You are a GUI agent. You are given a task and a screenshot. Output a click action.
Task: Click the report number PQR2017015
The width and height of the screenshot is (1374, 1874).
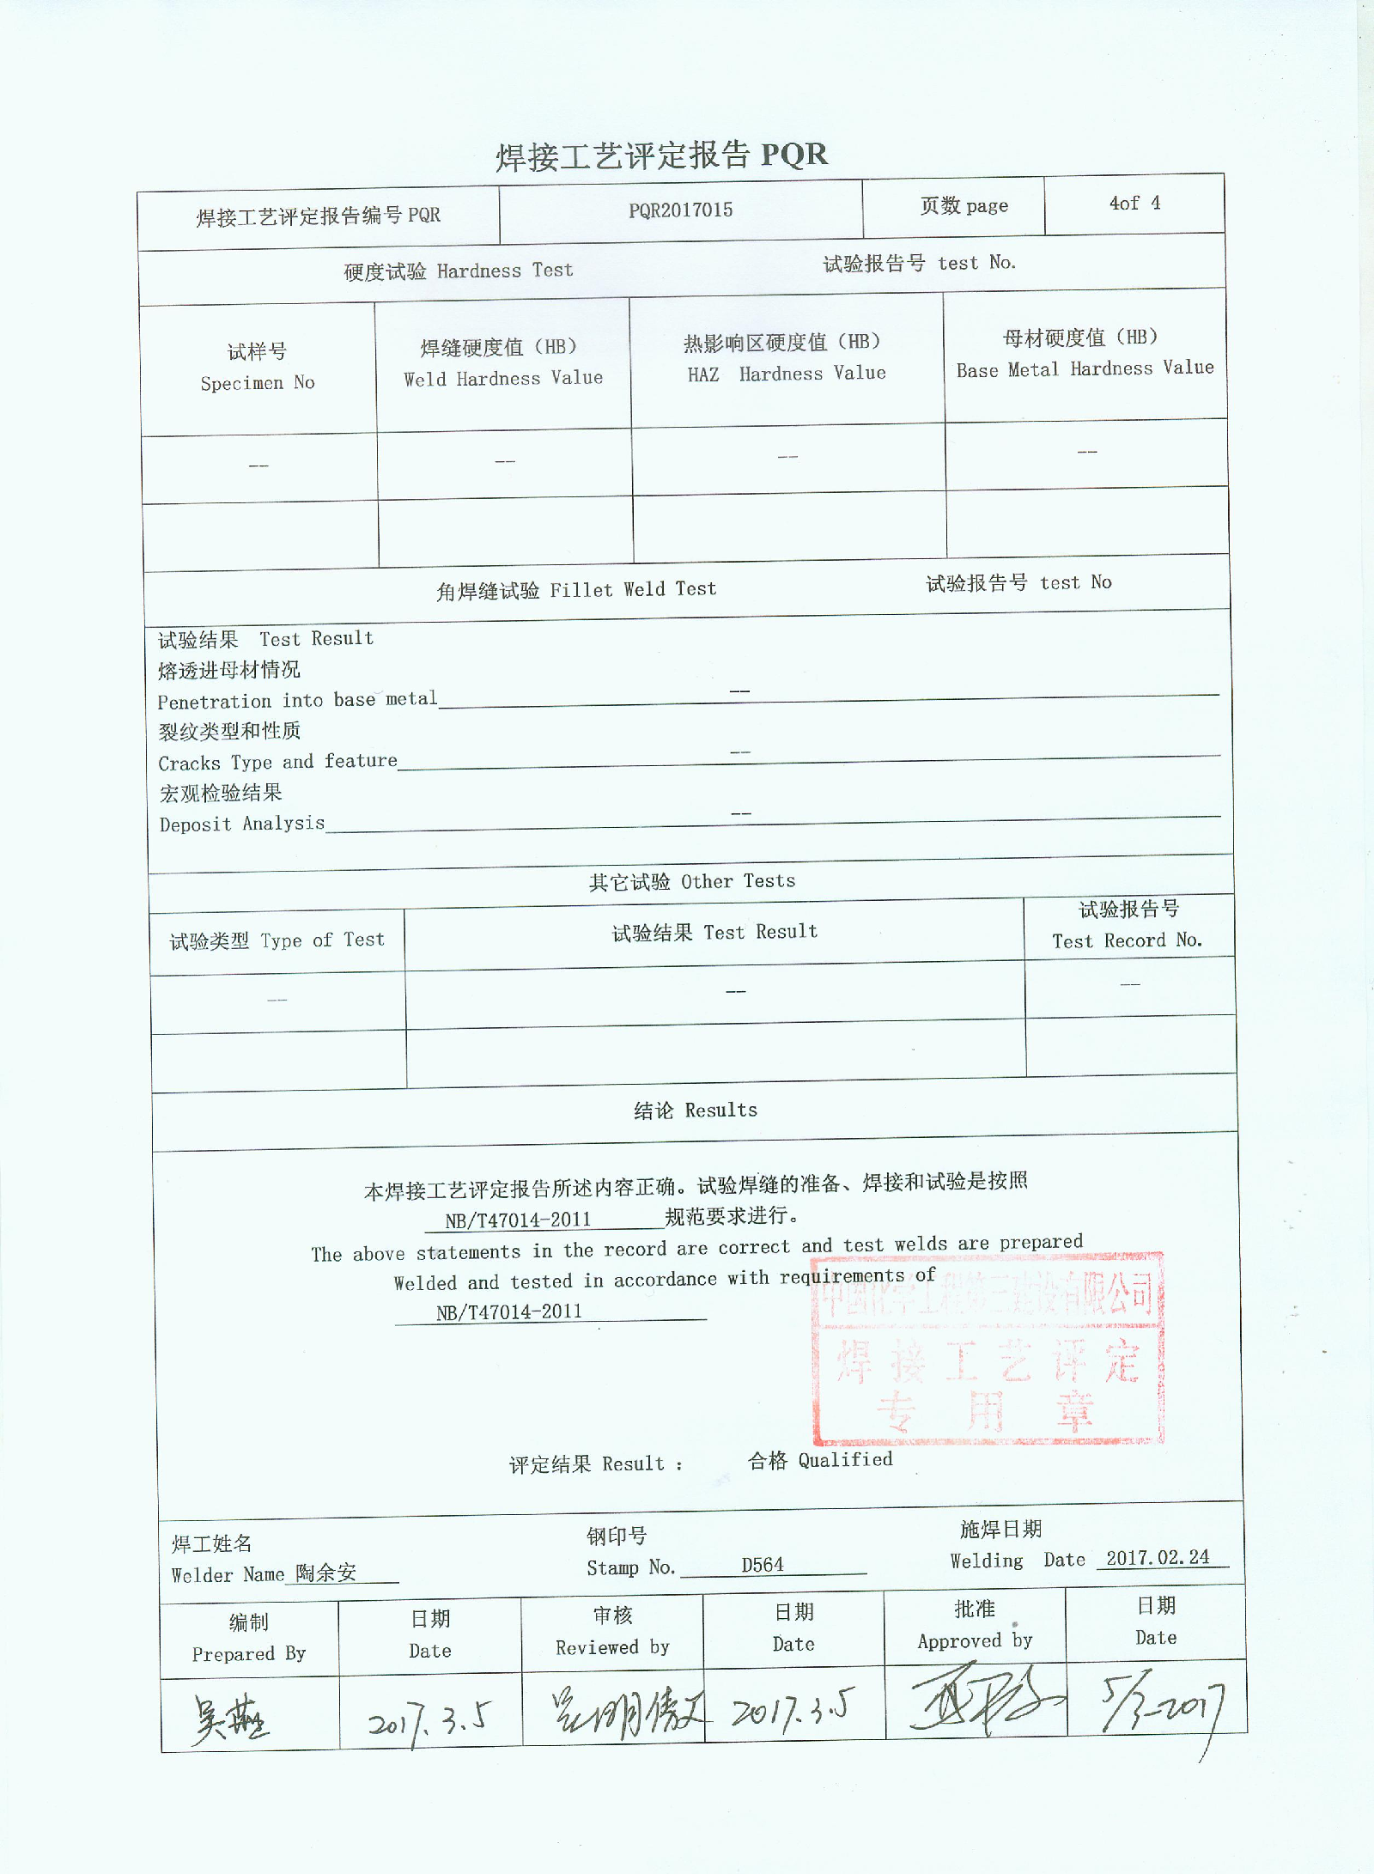tap(680, 210)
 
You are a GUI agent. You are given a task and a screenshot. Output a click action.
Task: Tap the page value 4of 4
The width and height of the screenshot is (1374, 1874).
tap(1134, 204)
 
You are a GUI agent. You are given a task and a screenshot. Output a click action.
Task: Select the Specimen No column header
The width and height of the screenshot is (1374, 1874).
tap(257, 368)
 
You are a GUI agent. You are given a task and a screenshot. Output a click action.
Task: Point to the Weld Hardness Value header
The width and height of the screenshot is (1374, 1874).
tap(502, 362)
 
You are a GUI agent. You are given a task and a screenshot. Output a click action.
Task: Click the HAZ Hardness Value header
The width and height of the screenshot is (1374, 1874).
tap(786, 357)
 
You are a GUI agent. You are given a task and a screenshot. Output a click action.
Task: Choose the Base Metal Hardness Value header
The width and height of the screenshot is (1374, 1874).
tap(1085, 353)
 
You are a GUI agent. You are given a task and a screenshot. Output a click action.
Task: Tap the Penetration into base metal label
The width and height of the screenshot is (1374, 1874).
tap(297, 700)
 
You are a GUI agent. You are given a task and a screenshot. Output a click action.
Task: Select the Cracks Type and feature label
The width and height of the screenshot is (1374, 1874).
tap(277, 762)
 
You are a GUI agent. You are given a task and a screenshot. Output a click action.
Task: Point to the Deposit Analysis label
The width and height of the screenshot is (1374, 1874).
tap(242, 824)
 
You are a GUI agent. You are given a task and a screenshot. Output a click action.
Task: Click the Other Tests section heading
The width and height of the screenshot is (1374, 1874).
tap(691, 881)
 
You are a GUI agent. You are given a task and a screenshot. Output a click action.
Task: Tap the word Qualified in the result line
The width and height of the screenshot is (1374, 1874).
tap(845, 1460)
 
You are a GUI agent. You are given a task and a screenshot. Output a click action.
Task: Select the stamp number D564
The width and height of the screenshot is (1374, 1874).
tap(763, 1565)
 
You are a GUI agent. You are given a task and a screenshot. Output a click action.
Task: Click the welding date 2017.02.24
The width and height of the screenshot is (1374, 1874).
tap(1157, 1558)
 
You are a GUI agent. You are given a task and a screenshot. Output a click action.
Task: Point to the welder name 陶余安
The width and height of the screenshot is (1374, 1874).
tap(326, 1573)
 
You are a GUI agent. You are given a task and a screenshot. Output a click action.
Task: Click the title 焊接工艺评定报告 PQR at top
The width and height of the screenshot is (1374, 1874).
tap(661, 155)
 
